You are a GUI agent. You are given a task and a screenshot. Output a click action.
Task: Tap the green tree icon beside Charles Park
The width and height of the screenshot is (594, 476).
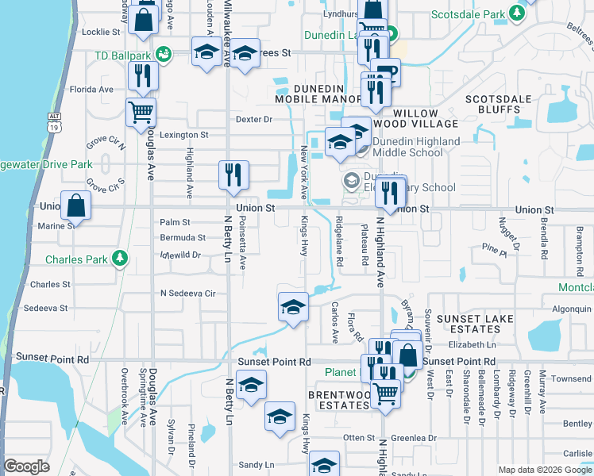click(120, 258)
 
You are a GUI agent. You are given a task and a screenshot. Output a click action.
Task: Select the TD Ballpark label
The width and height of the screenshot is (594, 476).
click(122, 56)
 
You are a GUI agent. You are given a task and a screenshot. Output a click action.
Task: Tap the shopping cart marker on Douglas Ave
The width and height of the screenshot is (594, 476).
click(141, 112)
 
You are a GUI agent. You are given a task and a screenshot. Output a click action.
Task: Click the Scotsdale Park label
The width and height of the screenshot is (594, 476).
click(469, 14)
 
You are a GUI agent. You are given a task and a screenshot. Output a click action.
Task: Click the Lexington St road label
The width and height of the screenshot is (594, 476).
click(183, 135)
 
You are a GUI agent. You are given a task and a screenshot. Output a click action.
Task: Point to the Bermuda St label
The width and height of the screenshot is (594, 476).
click(182, 237)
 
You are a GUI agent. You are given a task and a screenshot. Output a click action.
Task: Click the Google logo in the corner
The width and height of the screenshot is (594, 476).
click(26, 466)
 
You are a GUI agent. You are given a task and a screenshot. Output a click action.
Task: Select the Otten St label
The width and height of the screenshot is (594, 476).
click(358, 437)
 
